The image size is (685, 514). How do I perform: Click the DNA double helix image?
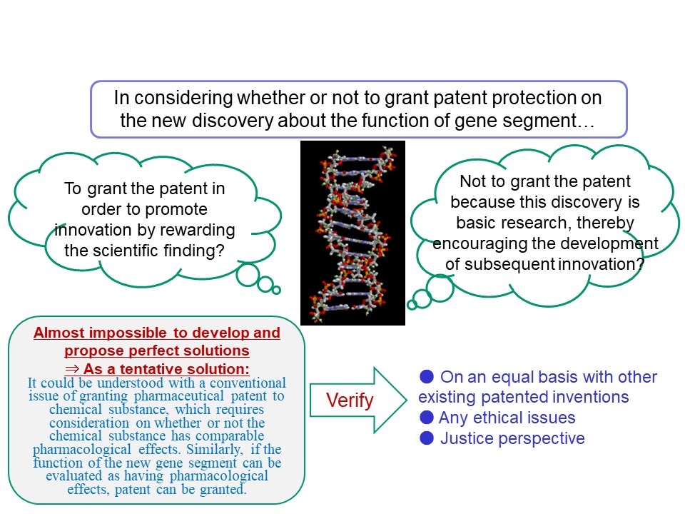click(352, 233)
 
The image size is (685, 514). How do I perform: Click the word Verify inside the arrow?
click(350, 400)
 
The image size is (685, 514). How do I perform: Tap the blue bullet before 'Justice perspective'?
click(427, 438)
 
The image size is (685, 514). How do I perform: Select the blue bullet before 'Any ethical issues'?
click(427, 418)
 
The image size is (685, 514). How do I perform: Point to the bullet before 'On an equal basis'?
click(427, 376)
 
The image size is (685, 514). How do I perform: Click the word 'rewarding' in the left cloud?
click(202, 231)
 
